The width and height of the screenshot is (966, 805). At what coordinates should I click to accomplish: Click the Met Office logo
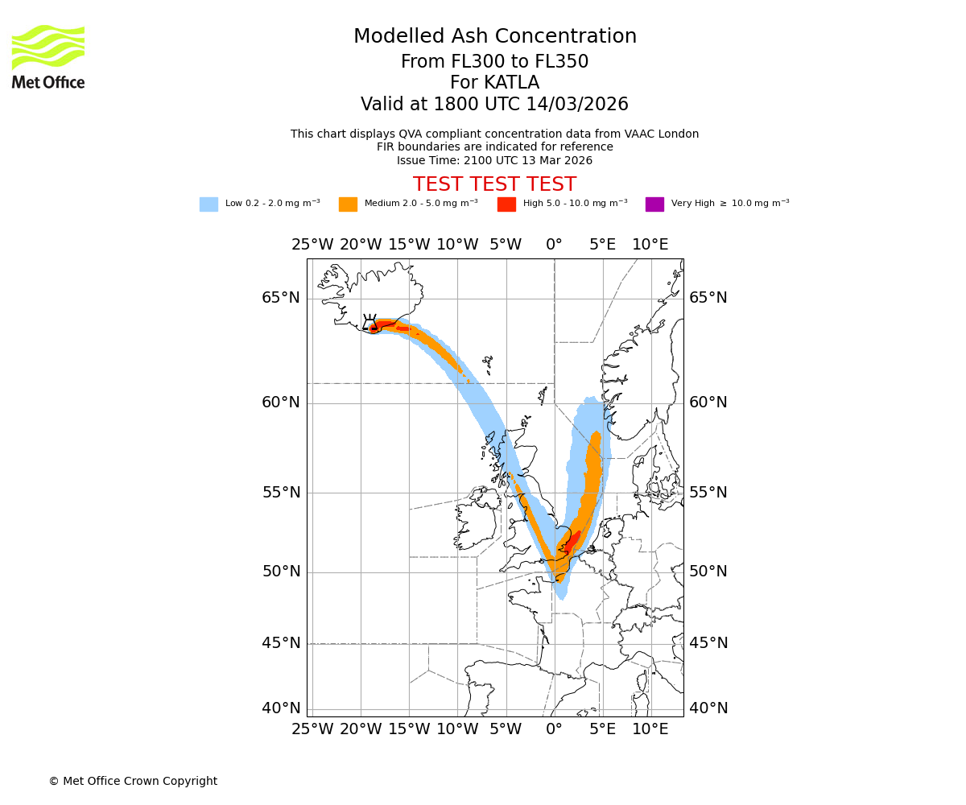tap(48, 56)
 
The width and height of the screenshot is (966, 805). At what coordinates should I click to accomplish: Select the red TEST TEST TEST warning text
tap(494, 184)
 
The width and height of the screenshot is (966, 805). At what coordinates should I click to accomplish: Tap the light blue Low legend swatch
tap(208, 204)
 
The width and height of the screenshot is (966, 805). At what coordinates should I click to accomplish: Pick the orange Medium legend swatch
tap(348, 204)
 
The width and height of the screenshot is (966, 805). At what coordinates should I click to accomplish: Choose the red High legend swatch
tap(506, 204)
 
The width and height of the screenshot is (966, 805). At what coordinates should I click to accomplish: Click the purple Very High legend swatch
tap(654, 204)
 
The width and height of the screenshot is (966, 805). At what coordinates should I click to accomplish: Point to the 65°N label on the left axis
tap(280, 298)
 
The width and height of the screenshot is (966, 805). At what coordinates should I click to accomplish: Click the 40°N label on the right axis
tap(708, 708)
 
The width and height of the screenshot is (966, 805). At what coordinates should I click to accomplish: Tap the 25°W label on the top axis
tap(312, 245)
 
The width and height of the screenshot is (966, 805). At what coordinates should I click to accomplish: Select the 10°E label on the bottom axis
tap(650, 729)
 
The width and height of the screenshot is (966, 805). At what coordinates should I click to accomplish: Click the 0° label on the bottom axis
tap(554, 729)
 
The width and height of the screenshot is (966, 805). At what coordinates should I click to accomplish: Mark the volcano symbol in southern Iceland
tap(370, 323)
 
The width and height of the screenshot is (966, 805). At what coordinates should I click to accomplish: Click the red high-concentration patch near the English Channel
tap(572, 541)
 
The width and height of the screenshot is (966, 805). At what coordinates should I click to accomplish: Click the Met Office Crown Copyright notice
tap(133, 781)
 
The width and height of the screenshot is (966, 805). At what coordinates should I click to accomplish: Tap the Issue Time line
tap(494, 160)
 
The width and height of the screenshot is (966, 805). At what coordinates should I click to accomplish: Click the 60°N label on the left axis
tap(280, 402)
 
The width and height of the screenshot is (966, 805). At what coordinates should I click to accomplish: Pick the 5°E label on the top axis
tap(602, 245)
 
